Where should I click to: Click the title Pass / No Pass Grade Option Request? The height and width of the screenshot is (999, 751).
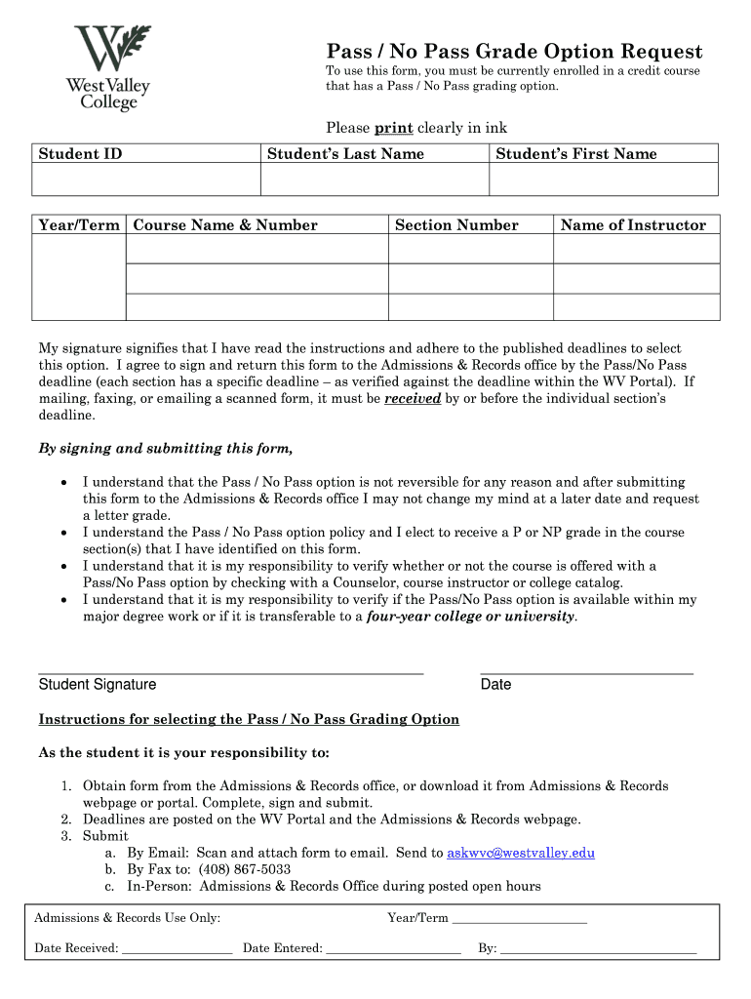513,52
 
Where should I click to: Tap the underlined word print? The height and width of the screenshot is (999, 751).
394,128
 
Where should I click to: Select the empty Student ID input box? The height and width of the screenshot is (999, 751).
146,180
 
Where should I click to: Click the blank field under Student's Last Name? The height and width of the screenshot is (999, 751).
374,180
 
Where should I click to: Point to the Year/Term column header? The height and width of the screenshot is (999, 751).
79,225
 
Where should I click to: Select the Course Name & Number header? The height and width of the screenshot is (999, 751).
225,225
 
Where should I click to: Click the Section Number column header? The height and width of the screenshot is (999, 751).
456,225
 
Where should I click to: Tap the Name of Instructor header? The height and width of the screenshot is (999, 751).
633,225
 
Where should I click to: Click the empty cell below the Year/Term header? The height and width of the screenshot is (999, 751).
79,277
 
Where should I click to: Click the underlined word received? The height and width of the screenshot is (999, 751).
413,398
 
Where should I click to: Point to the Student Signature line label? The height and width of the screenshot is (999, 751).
98,685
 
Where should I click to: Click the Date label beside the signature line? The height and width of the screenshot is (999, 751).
495,685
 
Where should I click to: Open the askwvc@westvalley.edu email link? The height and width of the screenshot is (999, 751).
521,853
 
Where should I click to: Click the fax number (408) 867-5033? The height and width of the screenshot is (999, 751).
244,869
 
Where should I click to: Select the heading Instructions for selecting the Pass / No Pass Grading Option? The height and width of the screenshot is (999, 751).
249,719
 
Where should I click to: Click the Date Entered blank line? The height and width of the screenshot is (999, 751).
393,948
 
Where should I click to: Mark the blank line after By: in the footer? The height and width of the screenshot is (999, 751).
599,948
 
